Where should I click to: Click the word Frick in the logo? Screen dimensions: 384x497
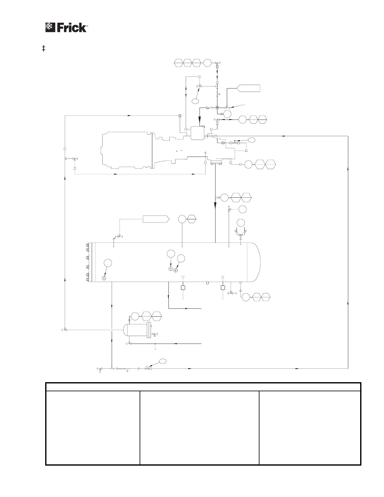tap(71, 27)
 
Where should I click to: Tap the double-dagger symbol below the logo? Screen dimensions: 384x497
tap(44, 48)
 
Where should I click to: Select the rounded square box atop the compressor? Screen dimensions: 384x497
tap(197, 133)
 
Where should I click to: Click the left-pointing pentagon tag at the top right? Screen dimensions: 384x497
tap(248, 88)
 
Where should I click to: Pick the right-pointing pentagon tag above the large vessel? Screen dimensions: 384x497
tap(156, 219)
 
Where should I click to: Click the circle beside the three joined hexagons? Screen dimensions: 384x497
tap(207, 63)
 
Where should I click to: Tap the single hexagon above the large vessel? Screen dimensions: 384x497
tap(192, 219)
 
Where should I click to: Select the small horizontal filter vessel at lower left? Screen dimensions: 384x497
tap(137, 330)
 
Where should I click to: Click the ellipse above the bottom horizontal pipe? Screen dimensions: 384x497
tap(163, 361)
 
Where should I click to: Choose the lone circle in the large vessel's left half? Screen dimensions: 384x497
tap(108, 263)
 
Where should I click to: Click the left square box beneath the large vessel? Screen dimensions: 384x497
tap(183, 288)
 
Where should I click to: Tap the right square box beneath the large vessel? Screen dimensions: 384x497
tap(223, 288)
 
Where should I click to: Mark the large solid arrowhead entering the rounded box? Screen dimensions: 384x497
tap(200, 121)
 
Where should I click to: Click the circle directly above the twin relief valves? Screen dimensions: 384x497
tap(241, 223)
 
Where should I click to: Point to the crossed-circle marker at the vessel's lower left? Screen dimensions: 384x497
tap(104, 278)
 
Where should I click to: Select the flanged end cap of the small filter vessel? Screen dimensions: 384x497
tap(149, 330)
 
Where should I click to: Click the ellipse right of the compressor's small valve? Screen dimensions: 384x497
tap(252, 140)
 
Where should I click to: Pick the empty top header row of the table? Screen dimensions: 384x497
tap(203, 387)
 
